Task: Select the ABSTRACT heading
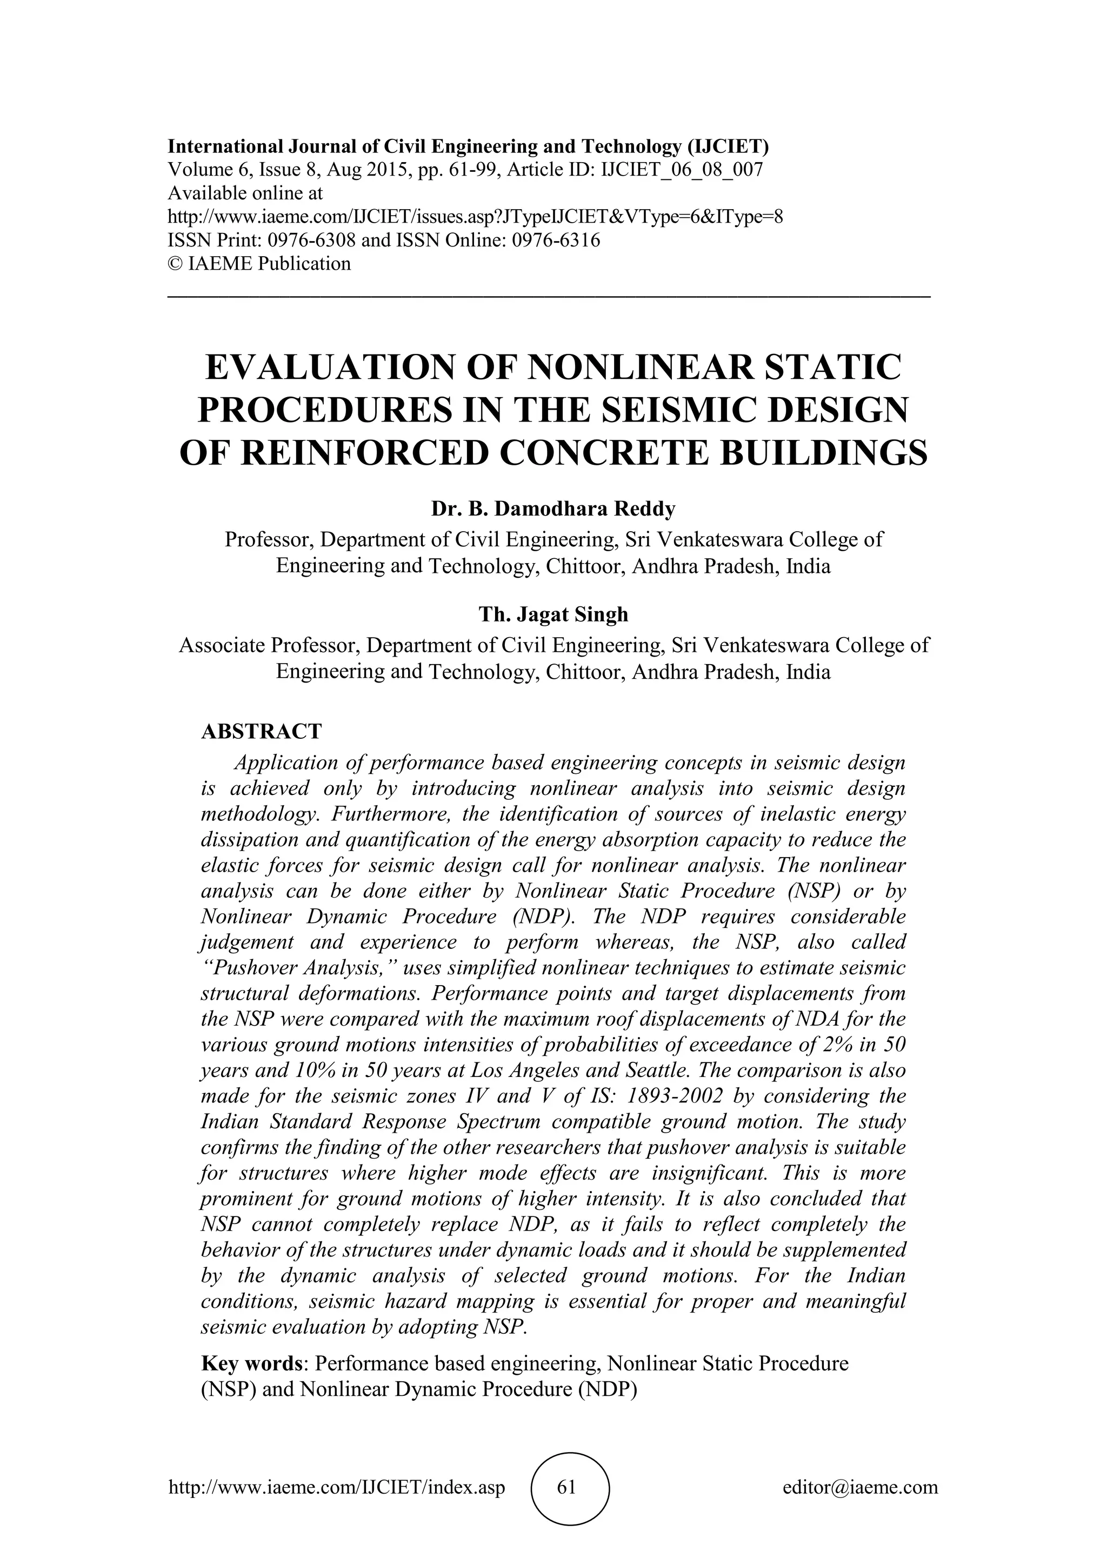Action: [x=261, y=731]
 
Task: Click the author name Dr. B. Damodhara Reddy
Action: [x=553, y=509]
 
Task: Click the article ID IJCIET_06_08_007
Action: [x=681, y=170]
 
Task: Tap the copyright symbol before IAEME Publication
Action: [x=175, y=264]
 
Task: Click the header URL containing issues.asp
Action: [x=475, y=217]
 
